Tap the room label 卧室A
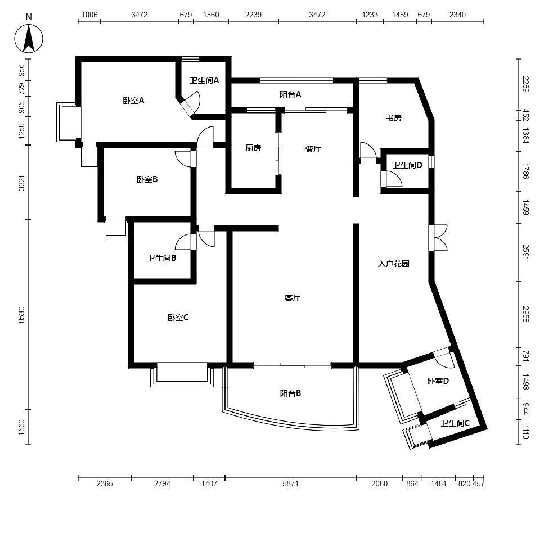coord(133,101)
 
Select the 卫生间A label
coord(205,80)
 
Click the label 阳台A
coord(290,94)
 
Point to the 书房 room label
coord(394,118)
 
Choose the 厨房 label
coord(253,148)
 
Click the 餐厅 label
coord(313,149)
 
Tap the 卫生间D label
coord(407,165)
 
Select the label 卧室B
coord(147,179)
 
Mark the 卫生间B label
coord(161,258)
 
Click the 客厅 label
coord(293,298)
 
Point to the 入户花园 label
coord(394,264)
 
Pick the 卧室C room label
coord(178,318)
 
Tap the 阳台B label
coord(290,393)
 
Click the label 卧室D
coord(438,381)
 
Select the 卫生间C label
coord(455,423)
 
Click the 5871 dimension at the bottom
coord(290,483)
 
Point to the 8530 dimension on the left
coord(21,315)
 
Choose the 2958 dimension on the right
coord(526,314)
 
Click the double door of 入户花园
coord(438,238)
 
